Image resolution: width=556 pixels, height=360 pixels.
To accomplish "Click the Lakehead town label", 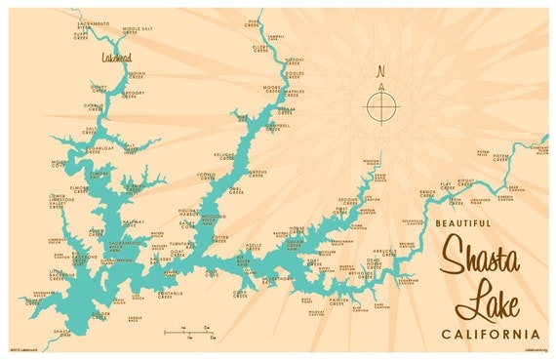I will click(116, 58).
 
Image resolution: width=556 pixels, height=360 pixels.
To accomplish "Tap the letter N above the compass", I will click(381, 70).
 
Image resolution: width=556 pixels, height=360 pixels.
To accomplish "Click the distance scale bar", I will click(189, 334).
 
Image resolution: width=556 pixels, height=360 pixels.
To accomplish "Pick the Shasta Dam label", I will click(62, 334).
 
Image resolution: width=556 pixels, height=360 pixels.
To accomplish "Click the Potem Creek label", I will click(501, 155).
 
